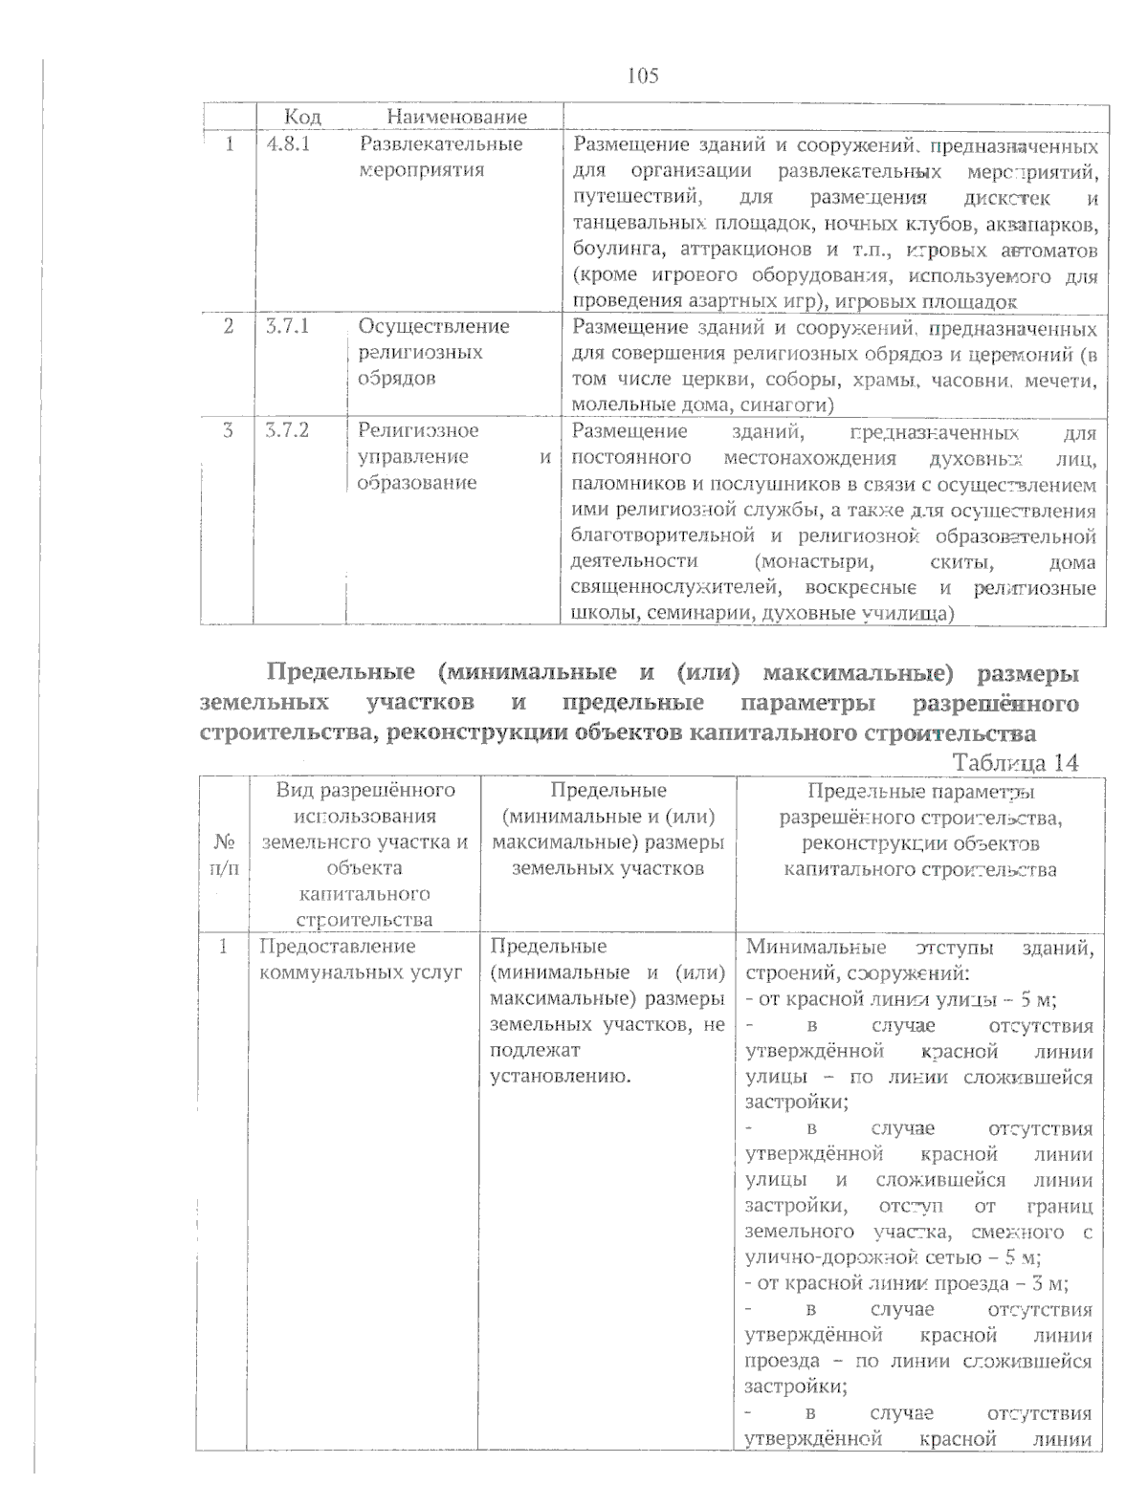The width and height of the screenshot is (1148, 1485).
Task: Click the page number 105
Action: tap(643, 76)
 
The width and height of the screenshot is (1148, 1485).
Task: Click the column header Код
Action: tap(302, 118)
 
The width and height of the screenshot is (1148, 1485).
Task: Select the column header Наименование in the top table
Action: tap(456, 118)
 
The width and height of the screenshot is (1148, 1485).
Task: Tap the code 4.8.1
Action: tap(288, 144)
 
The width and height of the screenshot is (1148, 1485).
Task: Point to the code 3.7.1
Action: tap(288, 326)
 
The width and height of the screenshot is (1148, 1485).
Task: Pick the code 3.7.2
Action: tap(288, 430)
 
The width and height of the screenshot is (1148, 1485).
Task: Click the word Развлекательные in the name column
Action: tap(440, 144)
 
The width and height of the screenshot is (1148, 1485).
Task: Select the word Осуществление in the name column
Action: tap(433, 326)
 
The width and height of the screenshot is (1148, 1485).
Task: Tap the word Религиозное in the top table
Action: tap(418, 430)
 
